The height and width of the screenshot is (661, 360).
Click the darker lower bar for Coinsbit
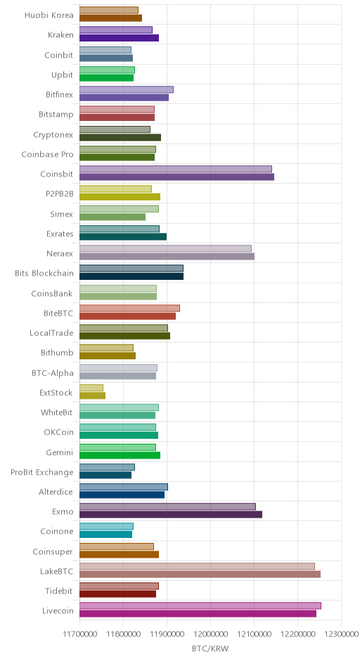(x=176, y=177)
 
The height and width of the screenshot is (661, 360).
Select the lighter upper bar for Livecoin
(x=200, y=605)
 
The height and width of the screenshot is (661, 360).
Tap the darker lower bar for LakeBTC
(x=200, y=575)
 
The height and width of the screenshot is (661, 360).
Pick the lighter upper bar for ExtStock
(x=91, y=388)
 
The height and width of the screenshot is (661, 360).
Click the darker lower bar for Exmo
(x=171, y=514)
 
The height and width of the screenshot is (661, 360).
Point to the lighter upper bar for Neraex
(x=166, y=249)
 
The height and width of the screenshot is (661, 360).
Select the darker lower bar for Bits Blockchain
(x=131, y=276)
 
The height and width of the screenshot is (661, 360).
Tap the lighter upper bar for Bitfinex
(x=127, y=90)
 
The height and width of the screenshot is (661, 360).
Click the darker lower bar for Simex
(x=112, y=217)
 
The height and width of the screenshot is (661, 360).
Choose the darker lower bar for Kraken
(x=120, y=38)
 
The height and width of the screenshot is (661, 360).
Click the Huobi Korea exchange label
(x=49, y=15)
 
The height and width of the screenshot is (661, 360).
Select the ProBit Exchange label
(x=42, y=472)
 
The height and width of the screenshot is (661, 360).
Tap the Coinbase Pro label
(x=48, y=154)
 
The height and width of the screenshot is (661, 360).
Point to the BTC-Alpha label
(x=53, y=373)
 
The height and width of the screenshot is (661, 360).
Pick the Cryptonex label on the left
(x=53, y=135)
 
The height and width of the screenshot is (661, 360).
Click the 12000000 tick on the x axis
(x=210, y=634)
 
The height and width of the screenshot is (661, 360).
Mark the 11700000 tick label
(x=79, y=634)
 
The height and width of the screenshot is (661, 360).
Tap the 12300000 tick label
(x=341, y=634)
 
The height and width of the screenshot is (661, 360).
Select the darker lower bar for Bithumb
(x=108, y=356)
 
